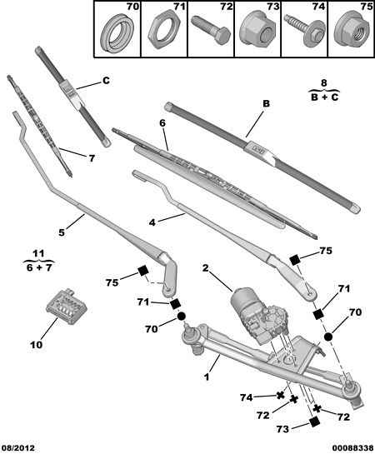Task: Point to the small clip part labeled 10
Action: point(67,306)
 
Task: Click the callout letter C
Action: point(106,81)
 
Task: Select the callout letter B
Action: point(266,103)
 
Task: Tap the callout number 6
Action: point(162,122)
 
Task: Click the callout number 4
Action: point(152,222)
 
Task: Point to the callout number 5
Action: point(62,232)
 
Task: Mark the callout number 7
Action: point(92,158)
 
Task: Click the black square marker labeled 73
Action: point(314,422)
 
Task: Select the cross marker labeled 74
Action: point(280,395)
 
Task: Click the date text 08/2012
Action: point(18,448)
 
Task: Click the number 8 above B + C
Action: point(323,83)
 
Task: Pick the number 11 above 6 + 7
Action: point(38,254)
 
